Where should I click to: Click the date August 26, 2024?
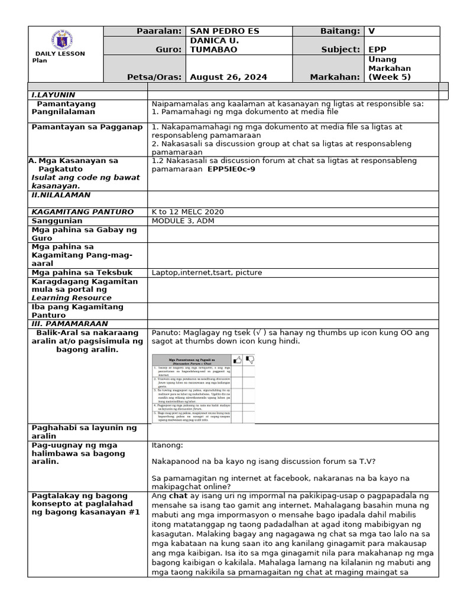tap(228, 77)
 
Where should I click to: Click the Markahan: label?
tap(335, 77)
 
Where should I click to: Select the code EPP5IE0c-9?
tap(232, 169)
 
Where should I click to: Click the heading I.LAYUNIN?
tap(53, 95)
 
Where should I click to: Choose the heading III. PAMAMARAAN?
tap(69, 324)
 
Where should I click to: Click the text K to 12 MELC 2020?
tap(188, 212)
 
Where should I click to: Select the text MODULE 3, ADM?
tap(183, 220)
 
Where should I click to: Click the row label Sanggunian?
tap(57, 220)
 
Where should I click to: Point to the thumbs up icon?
tap(238, 359)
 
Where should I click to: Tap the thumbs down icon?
tap(249, 359)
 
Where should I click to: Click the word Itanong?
tap(167, 445)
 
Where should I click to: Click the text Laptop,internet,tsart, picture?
tap(206, 272)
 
